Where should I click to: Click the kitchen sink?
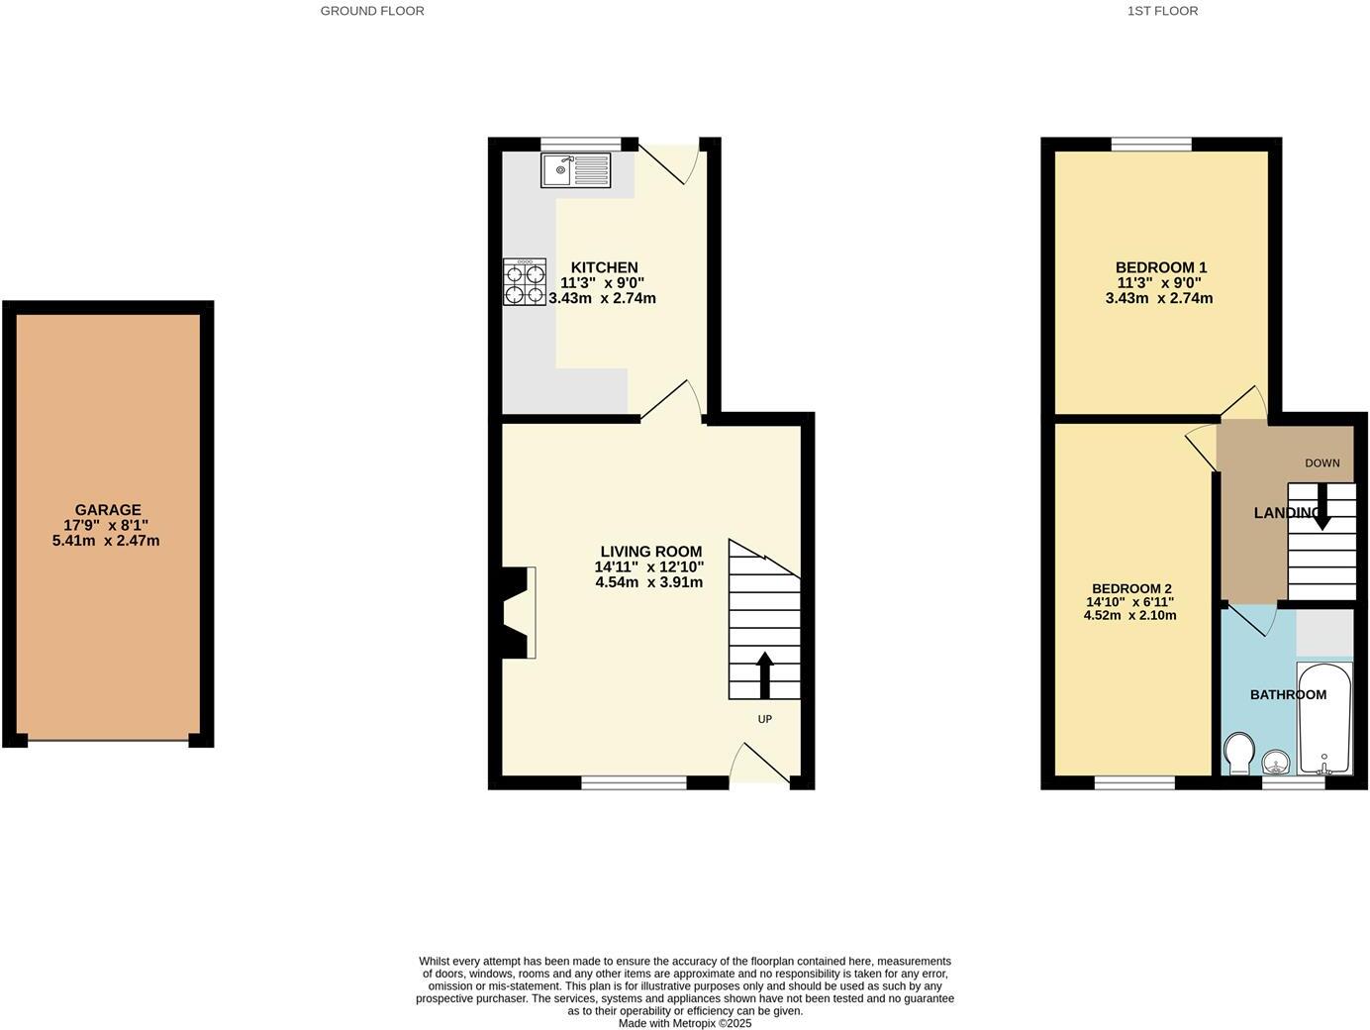point(575,170)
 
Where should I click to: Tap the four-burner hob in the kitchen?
point(525,281)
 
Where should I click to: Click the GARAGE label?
point(108,510)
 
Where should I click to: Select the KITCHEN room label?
point(604,267)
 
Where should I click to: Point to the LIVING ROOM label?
point(650,552)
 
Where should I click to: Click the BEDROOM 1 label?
point(1160,267)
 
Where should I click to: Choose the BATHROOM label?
point(1287,695)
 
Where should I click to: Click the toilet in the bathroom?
point(1238,753)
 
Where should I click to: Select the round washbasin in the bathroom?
point(1276,762)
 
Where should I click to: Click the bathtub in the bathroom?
point(1324,719)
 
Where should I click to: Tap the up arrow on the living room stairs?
point(764,674)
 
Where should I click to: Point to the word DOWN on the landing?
point(1321,463)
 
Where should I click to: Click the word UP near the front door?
point(764,719)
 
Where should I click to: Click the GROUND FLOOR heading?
point(372,11)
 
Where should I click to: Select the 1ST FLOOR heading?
point(1162,11)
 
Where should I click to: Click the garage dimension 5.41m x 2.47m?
point(106,541)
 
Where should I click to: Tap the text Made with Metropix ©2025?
point(685,1023)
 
